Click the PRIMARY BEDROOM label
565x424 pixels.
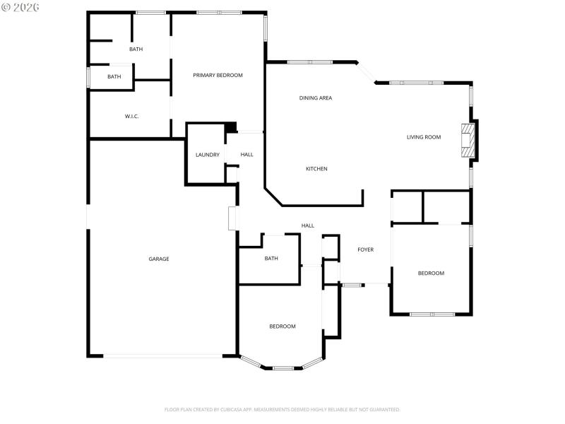coord(218,75)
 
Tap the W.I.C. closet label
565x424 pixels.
coord(131,116)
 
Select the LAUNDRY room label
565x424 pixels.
coord(207,155)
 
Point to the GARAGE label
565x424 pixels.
coord(158,259)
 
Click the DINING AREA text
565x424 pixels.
coord(316,98)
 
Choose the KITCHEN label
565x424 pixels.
coord(316,169)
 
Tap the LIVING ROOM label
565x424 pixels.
coord(424,137)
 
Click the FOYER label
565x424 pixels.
coord(365,249)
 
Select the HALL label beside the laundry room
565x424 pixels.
coord(246,155)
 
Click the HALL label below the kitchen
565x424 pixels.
coord(308,225)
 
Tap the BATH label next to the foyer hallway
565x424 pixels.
coord(271,259)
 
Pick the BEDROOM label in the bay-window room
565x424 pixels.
coord(282,326)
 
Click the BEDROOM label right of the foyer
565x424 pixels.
coord(431,273)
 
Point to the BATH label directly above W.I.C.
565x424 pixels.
coord(114,76)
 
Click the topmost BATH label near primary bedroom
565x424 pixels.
coord(136,49)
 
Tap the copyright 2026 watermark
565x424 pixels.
coord(20,6)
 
